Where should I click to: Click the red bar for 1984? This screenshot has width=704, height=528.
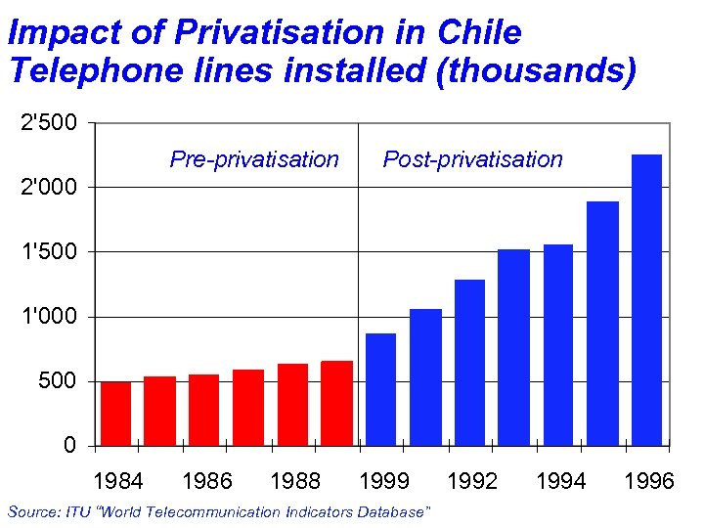point(115,414)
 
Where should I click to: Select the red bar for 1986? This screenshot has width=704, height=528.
point(203,410)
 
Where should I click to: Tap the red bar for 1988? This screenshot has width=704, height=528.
point(292,405)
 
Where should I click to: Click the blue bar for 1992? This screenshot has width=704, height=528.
point(469,363)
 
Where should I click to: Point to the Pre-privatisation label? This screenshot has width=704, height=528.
point(254,159)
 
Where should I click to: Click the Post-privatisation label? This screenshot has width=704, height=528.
point(472,159)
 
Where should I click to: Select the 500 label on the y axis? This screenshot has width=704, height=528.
point(58,381)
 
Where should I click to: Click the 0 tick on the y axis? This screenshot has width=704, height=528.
point(68,446)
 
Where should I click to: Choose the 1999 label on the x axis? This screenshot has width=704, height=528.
point(384,481)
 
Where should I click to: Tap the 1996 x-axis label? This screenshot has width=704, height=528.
point(649,481)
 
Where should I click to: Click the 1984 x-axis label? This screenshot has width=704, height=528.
point(117,481)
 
